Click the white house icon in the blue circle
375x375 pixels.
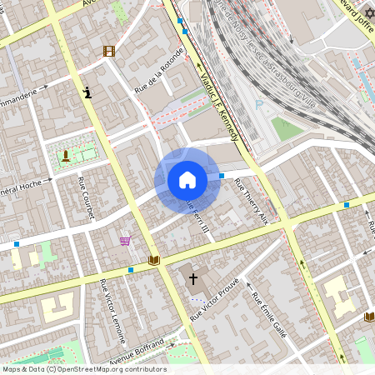tap(187, 179)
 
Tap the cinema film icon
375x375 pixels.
tap(108, 51)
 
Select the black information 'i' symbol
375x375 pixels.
tap(87, 92)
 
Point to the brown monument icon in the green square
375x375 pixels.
tap(65, 155)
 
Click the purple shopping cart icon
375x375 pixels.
tap(125, 242)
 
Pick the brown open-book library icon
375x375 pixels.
tap(153, 261)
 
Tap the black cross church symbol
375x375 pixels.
tap(194, 279)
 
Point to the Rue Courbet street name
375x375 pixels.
tap(87, 198)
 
